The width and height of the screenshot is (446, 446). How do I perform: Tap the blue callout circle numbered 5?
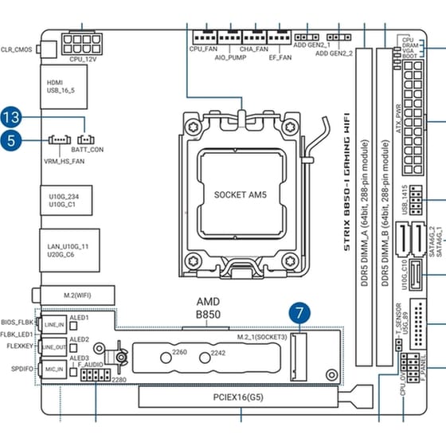(11, 142)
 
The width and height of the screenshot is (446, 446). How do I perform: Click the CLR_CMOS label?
(18, 48)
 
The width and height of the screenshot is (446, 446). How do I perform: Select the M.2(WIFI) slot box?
(76, 295)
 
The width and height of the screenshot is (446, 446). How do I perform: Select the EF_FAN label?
(280, 58)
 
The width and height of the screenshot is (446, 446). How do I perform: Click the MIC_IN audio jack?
(54, 370)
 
